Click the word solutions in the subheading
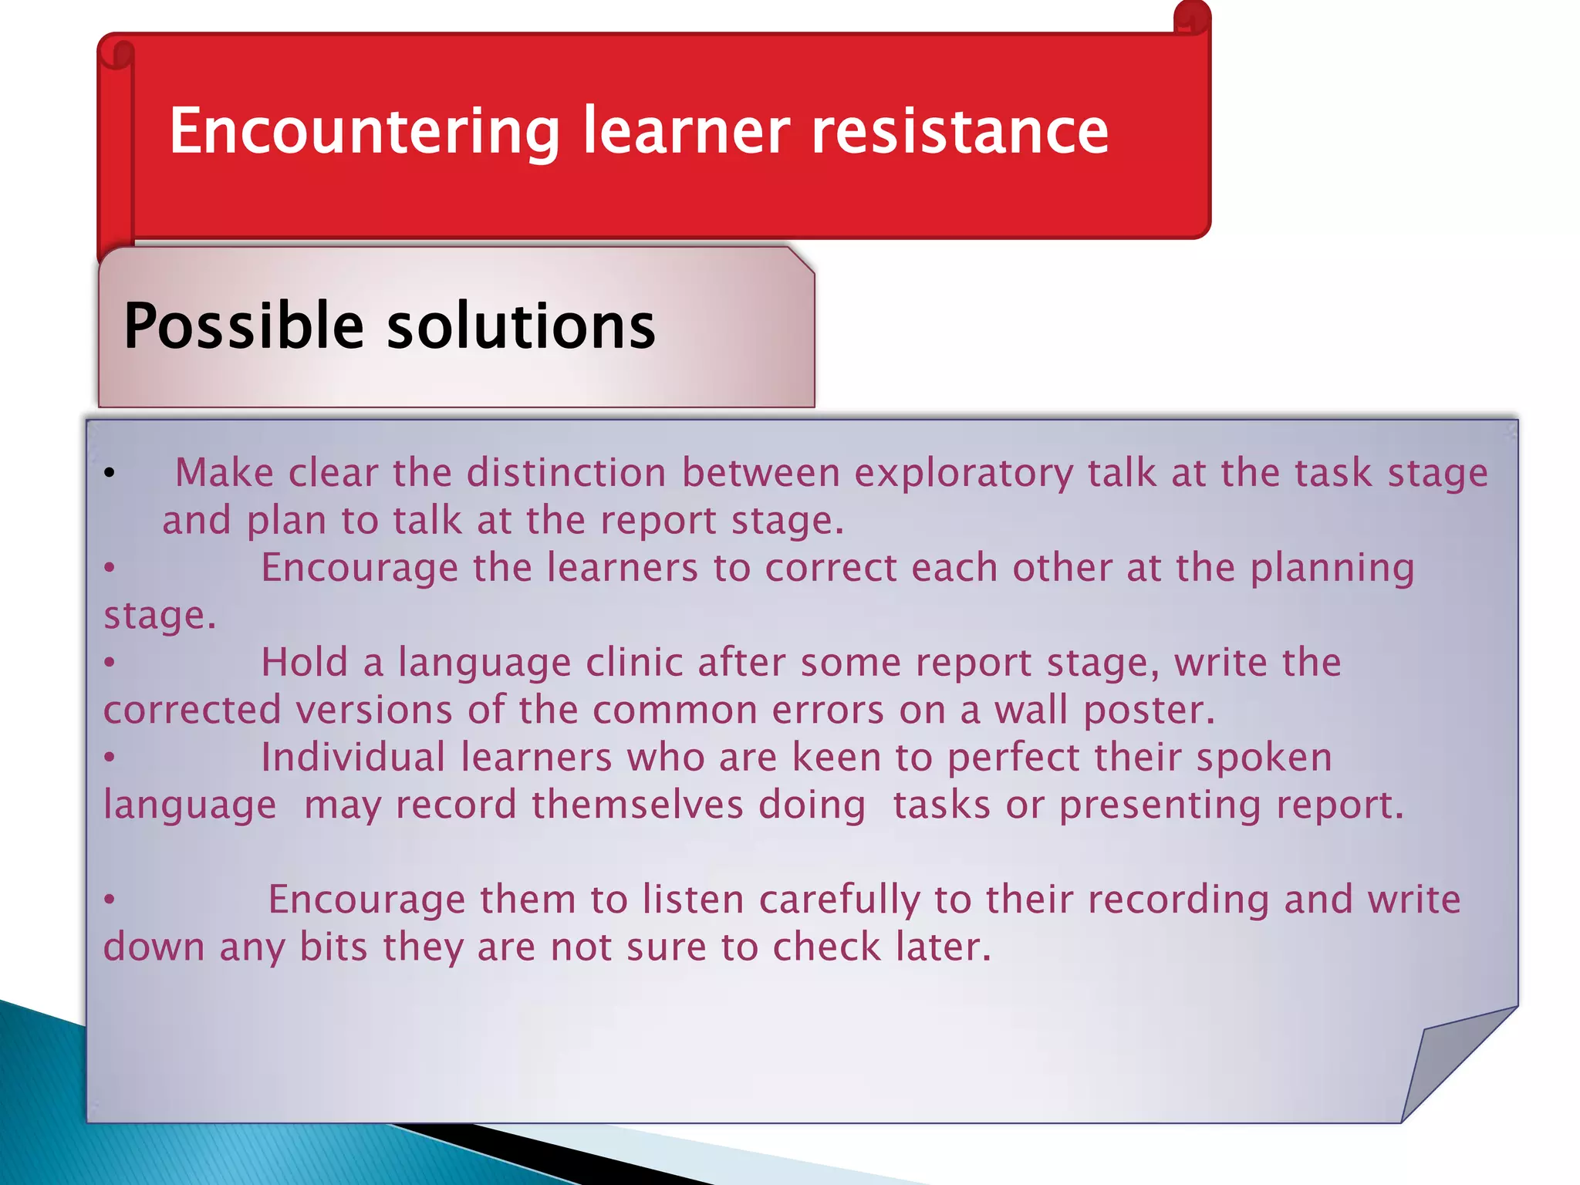(521, 326)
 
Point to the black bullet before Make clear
(110, 472)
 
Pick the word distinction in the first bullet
(566, 472)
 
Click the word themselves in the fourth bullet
(637, 805)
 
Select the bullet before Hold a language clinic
(110, 663)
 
